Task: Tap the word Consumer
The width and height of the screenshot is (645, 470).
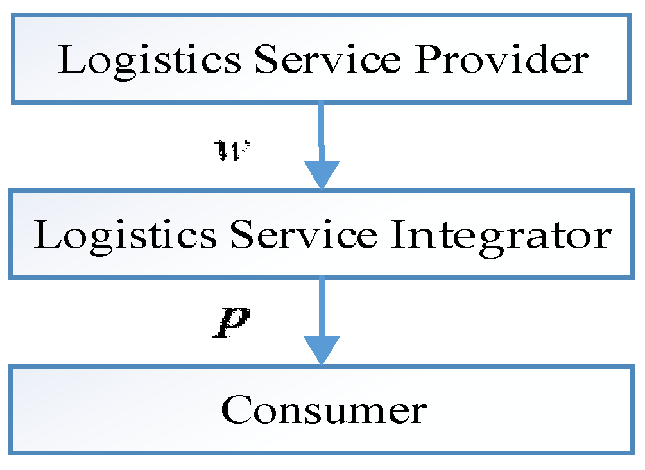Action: point(323,410)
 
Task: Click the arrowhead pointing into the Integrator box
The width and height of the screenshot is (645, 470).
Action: point(321,175)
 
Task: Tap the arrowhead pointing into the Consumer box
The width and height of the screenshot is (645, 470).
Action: point(321,351)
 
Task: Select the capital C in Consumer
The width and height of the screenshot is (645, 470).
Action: point(237,410)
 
